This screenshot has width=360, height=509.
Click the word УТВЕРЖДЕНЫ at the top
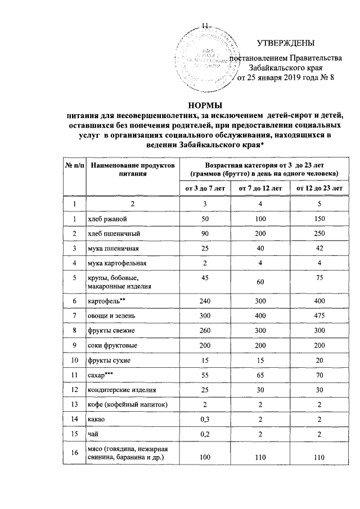[286, 44]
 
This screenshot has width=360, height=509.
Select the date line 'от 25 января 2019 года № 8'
[286, 78]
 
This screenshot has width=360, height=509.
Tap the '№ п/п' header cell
[73, 166]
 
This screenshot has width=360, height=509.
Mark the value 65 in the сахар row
[260, 375]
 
